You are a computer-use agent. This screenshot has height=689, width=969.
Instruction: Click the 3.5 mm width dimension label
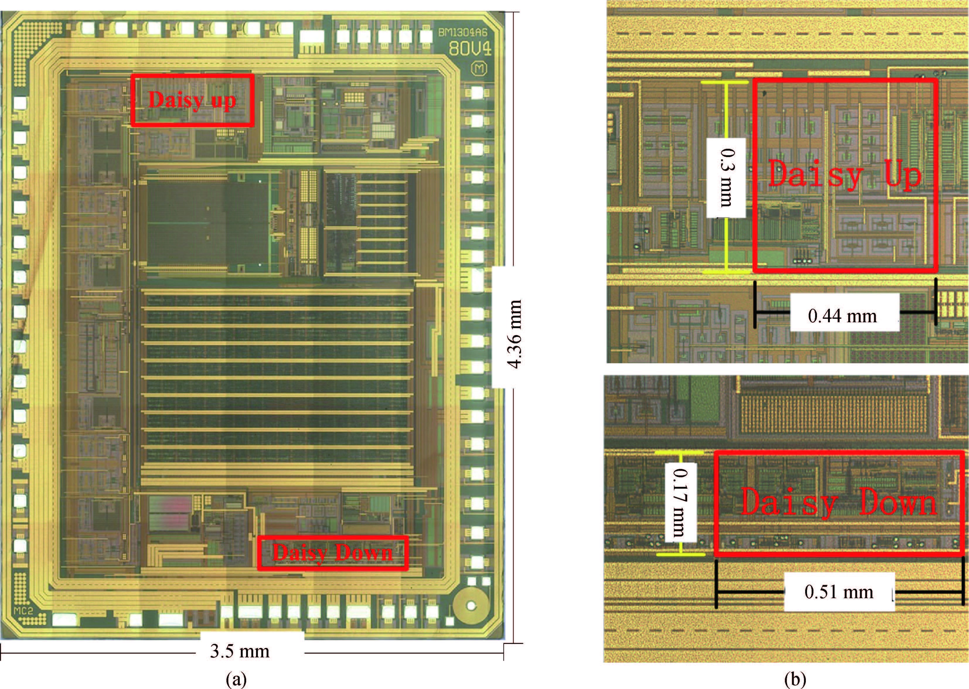coord(240,651)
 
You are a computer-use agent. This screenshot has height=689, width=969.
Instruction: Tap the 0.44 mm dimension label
coord(842,316)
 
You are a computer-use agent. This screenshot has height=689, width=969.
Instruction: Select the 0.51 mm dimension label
coord(839,592)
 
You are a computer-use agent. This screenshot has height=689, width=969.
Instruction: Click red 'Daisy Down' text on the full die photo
coord(333,553)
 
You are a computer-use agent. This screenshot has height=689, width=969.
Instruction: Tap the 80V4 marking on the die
coord(470,49)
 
